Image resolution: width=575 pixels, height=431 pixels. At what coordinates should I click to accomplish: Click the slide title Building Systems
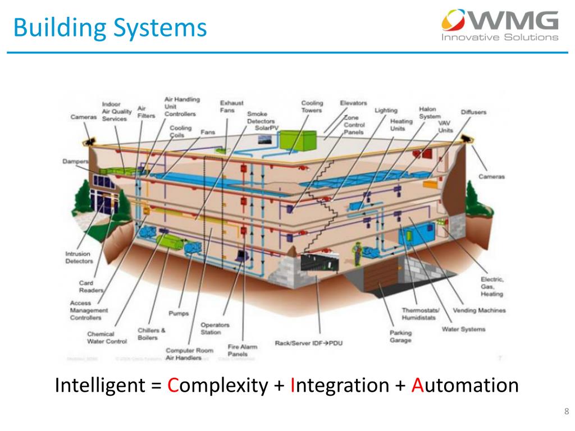click(110, 27)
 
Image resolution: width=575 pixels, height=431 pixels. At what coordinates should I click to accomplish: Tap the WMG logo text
click(511, 22)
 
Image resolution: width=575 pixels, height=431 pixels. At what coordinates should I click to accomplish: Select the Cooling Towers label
click(312, 107)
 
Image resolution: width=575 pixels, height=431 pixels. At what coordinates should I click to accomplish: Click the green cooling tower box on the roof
click(295, 142)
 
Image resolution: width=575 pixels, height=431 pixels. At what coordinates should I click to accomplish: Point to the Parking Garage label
click(400, 336)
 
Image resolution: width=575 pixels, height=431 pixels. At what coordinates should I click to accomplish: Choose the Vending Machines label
click(479, 310)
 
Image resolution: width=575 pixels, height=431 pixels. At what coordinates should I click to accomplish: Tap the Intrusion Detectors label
click(79, 257)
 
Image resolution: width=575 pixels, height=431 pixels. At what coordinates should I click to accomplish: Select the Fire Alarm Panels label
click(241, 351)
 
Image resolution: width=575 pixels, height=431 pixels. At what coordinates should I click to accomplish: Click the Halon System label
click(430, 113)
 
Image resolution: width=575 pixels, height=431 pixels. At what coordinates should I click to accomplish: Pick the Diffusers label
click(473, 112)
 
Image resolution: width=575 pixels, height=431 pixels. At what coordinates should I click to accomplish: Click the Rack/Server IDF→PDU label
click(309, 342)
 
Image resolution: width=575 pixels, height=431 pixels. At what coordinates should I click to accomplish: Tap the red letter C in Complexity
click(174, 386)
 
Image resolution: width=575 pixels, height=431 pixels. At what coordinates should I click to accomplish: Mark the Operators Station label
click(215, 328)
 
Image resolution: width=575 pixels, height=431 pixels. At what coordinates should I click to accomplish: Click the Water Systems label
click(463, 329)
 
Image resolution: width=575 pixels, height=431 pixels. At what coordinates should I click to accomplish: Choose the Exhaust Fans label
click(231, 107)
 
